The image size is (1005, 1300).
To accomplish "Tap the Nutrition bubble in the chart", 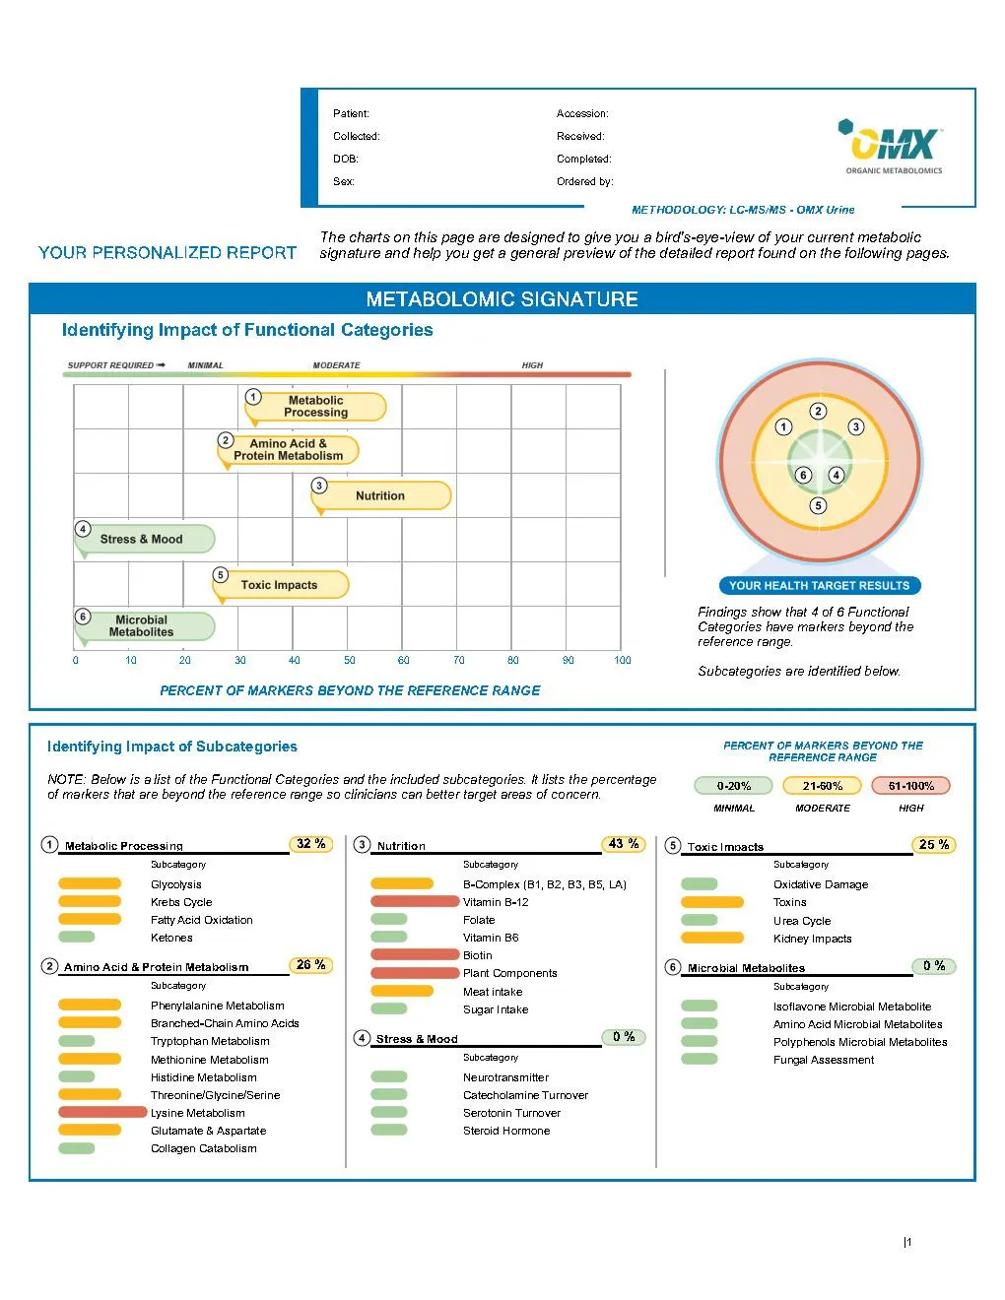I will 380,495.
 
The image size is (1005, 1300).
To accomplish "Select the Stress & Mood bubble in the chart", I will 144,539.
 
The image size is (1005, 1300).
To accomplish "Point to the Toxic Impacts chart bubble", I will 281,585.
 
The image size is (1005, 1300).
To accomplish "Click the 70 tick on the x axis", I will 458,660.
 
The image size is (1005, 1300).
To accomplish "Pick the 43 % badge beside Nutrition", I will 623,844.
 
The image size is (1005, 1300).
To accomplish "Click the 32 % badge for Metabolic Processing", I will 311,844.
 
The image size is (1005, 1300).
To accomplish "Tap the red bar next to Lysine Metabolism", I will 102,1113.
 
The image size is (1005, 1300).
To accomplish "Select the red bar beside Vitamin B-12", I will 415,901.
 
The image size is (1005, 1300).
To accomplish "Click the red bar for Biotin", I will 415,954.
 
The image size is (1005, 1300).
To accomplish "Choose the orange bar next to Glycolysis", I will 90,883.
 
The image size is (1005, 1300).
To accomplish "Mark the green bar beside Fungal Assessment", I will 700,1059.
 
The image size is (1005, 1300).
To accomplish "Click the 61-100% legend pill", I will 910,786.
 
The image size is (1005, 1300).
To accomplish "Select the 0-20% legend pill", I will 734,786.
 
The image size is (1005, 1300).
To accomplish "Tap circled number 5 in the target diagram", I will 818,505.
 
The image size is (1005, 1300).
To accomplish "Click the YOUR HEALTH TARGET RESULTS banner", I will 819,586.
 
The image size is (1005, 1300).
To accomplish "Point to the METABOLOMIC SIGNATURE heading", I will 502,299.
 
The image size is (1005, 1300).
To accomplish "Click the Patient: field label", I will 351,114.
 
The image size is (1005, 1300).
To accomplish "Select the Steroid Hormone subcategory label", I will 506,1131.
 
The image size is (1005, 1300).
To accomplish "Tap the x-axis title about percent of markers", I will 350,690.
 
